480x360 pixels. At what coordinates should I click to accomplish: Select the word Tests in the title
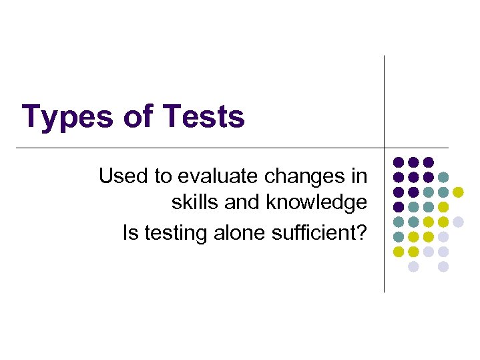pos(204,116)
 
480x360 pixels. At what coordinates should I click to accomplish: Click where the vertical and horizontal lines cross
pos(385,147)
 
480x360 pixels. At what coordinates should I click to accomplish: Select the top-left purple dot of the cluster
pos(399,162)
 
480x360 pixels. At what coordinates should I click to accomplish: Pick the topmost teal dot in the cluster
pos(443,177)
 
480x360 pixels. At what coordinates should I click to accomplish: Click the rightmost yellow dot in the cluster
pos(458,192)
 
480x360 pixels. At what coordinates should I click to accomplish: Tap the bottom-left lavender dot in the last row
pos(413,266)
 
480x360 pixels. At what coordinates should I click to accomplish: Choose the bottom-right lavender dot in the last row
pos(443,266)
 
